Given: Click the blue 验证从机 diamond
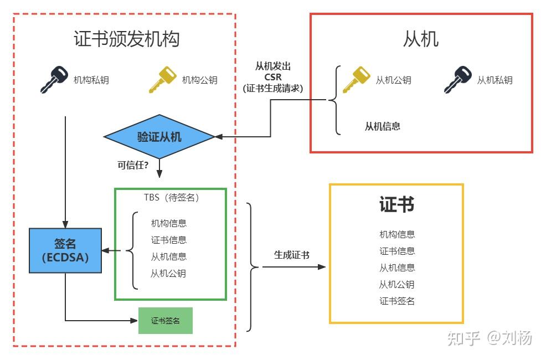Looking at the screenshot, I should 159,137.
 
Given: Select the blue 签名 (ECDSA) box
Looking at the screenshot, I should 65,250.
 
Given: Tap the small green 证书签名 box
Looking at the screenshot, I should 166,321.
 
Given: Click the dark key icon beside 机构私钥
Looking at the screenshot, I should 54,80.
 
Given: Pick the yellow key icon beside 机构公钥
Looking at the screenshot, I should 162,80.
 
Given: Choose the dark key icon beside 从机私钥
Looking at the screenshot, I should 458,80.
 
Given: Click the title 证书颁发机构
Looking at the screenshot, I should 126,39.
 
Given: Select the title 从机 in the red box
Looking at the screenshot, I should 421,39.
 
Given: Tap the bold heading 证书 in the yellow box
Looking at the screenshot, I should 396,204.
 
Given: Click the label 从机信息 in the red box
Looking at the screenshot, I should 382,126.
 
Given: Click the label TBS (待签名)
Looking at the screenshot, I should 171,197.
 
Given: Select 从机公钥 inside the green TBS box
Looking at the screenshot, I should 168,273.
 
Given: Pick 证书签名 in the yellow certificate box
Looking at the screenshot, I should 397,301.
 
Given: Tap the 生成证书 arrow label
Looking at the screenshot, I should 292,255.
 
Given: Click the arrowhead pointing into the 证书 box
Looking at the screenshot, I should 322,267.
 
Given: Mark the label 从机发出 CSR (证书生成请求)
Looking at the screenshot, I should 273,76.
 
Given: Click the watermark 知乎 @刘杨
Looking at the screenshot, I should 490,337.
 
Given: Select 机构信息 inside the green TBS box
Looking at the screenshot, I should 168,223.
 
